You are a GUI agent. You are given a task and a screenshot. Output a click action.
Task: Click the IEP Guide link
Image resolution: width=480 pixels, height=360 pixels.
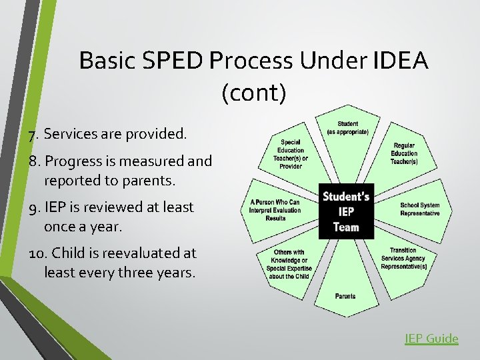(431, 339)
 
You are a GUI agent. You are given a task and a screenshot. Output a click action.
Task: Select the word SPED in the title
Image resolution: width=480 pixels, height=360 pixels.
(171, 61)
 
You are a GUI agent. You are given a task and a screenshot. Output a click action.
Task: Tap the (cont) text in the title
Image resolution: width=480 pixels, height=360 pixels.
(253, 93)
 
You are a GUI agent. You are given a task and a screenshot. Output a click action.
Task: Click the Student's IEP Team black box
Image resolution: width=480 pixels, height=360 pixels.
(346, 211)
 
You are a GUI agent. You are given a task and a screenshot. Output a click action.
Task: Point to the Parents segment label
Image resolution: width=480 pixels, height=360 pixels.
(345, 296)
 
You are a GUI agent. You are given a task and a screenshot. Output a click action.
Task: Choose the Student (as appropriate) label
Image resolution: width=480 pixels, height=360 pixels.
(347, 128)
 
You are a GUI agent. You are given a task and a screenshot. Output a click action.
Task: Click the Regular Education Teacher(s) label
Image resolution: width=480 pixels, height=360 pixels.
(403, 153)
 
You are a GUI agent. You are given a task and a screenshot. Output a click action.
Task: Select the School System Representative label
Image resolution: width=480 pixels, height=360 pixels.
(419, 209)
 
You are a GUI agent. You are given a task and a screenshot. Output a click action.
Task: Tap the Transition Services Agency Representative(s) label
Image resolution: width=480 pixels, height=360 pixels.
(403, 259)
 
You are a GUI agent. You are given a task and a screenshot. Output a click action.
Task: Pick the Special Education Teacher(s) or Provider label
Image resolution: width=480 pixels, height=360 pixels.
(291, 153)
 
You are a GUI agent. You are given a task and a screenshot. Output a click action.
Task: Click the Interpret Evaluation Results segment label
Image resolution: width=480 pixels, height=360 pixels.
(275, 209)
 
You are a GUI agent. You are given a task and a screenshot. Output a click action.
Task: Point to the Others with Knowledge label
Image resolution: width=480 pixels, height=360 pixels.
(289, 264)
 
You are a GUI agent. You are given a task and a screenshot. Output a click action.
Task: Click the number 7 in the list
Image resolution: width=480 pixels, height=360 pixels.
(32, 135)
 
